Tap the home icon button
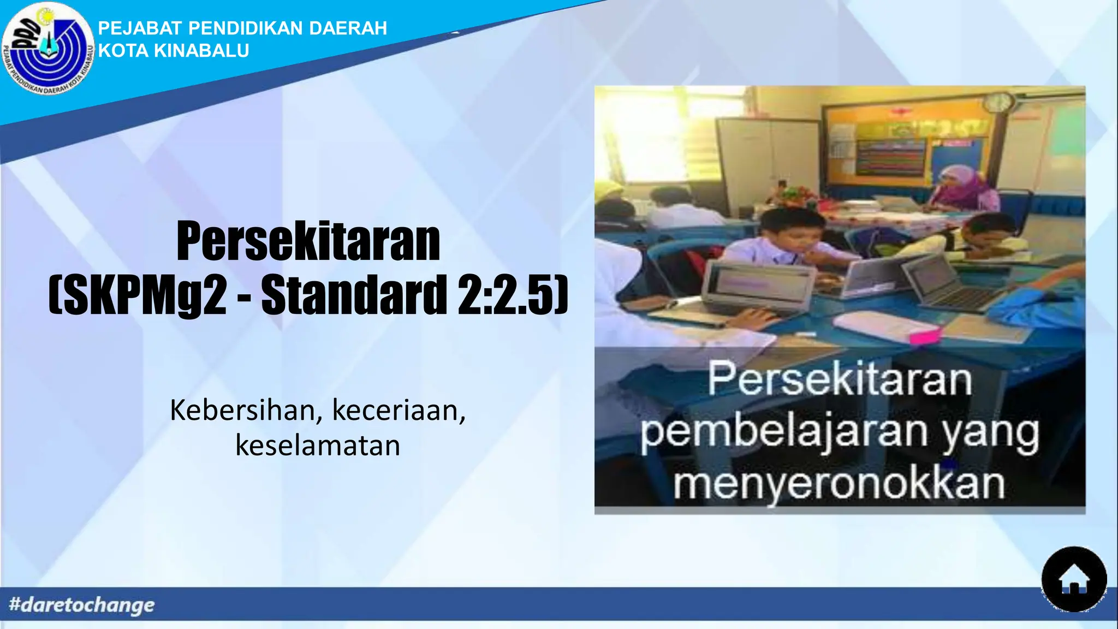[x=1074, y=580]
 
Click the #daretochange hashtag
[x=82, y=605]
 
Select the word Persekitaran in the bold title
[x=308, y=242]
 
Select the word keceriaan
[x=399, y=411]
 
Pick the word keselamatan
[x=318, y=446]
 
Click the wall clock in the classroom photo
[x=998, y=102]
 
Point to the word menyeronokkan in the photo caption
[x=839, y=484]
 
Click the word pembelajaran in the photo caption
[x=783, y=432]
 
